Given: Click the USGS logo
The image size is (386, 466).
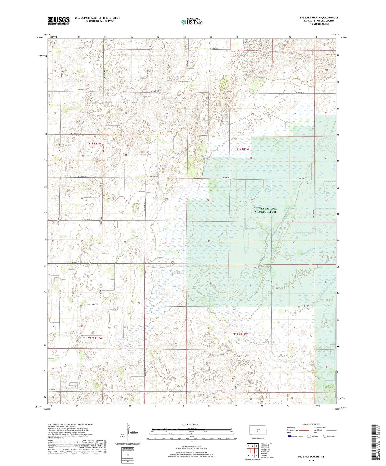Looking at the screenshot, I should click(x=59, y=20).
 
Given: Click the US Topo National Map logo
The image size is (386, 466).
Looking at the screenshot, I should click(x=191, y=22).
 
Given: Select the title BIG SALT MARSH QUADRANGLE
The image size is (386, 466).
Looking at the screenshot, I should click(x=319, y=18).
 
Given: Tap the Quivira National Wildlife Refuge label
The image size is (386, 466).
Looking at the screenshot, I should click(x=265, y=210).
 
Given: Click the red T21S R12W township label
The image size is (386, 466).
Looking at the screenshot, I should click(x=94, y=144).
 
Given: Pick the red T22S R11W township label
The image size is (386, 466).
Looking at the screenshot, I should click(x=241, y=334).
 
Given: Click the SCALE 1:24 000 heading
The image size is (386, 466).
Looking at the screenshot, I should click(x=190, y=424).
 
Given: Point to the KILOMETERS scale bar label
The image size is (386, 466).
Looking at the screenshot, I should click(x=192, y=428).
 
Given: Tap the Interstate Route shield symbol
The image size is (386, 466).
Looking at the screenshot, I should click(x=290, y=436).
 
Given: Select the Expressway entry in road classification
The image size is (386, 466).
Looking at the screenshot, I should click(x=293, y=428).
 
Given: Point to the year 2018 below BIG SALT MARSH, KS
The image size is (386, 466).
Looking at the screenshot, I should click(x=311, y=460).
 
